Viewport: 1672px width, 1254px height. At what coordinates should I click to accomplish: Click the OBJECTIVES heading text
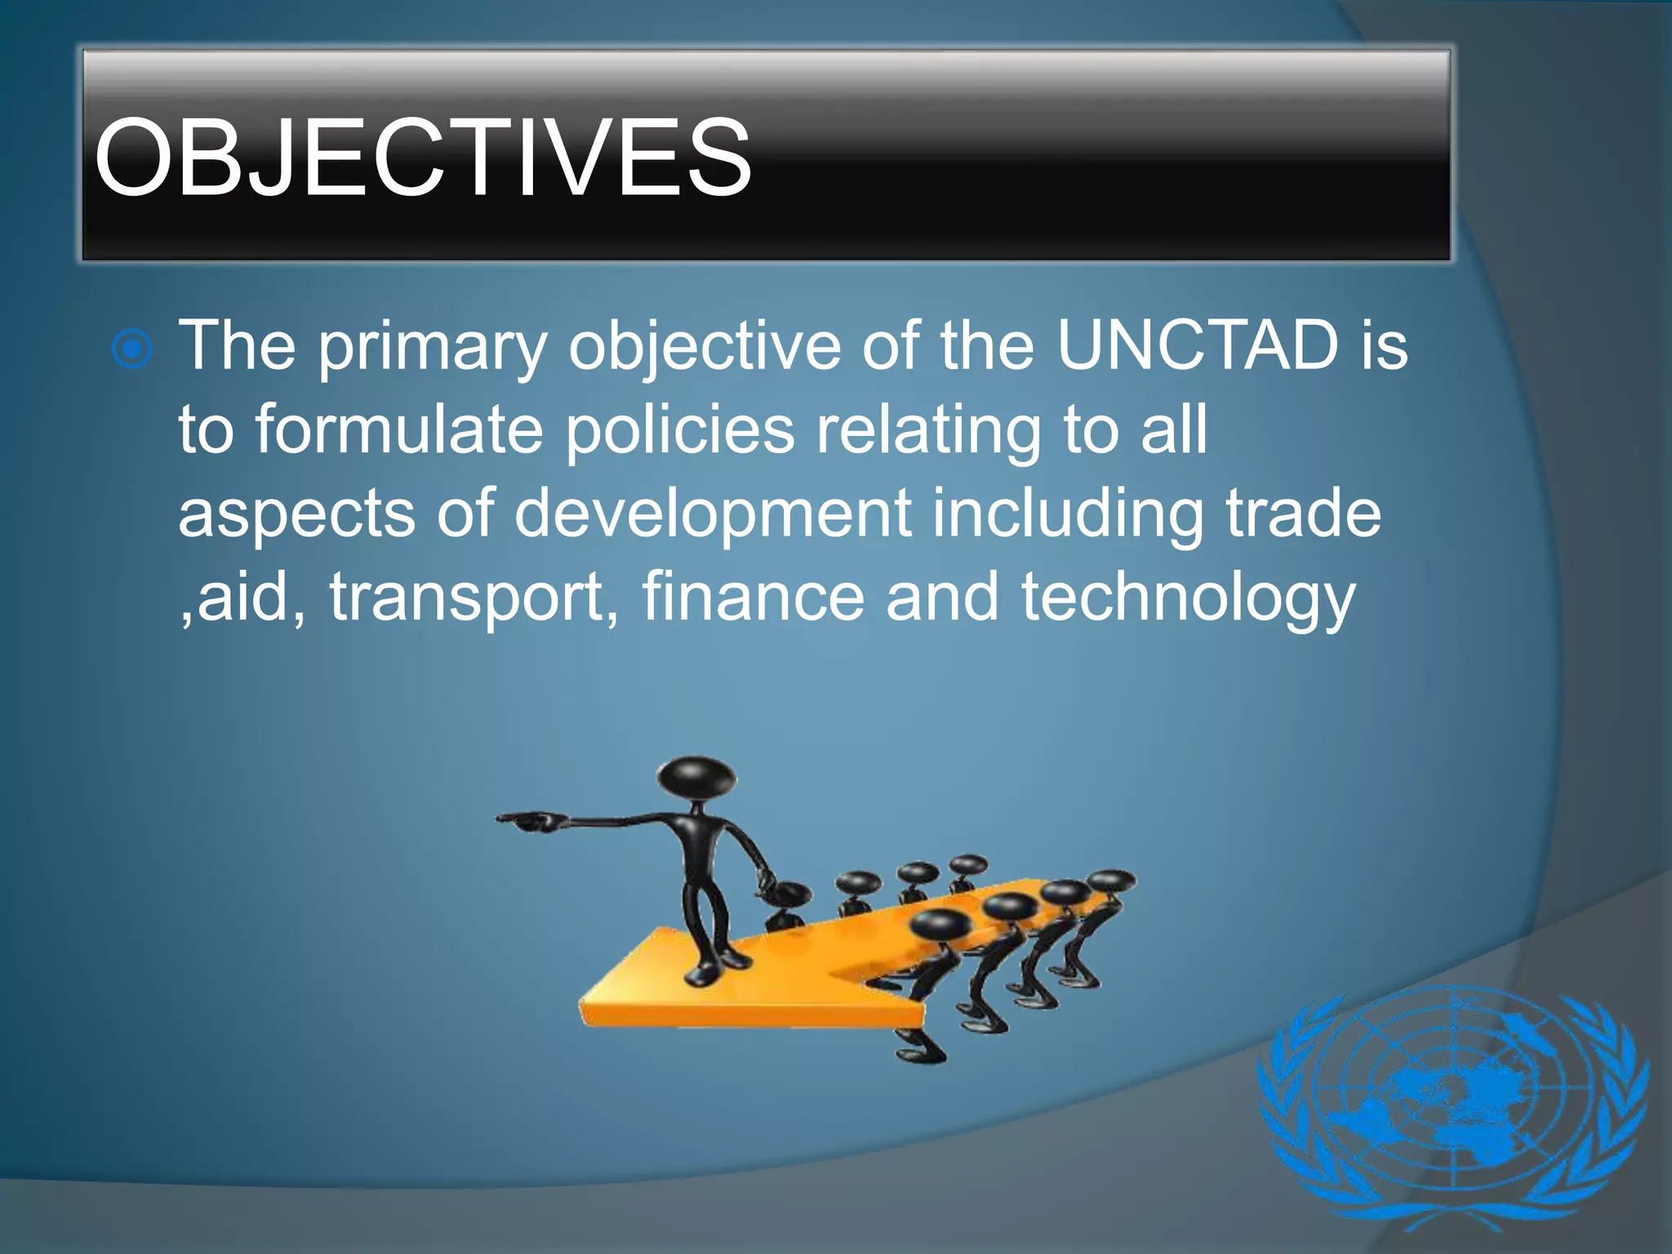coord(422,158)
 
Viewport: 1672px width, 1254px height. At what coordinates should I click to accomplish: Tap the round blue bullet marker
coord(131,350)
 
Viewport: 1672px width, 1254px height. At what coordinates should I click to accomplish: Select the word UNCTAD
coord(1198,345)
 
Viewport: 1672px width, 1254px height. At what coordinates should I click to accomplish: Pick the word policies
coord(679,431)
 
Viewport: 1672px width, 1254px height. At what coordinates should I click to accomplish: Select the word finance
coord(753,597)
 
